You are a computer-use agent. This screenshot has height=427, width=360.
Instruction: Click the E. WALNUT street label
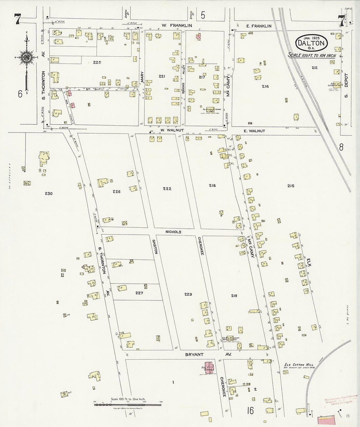click(x=254, y=131)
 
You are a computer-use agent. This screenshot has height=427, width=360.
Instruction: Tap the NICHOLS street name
click(x=173, y=232)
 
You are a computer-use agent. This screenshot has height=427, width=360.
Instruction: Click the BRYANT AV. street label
click(x=204, y=354)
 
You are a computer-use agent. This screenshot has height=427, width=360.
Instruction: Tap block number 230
click(x=48, y=193)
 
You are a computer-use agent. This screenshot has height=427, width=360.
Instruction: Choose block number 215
click(x=291, y=186)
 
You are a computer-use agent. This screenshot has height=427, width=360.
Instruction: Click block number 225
click(x=97, y=62)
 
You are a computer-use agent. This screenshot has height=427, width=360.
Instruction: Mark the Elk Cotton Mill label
click(x=298, y=365)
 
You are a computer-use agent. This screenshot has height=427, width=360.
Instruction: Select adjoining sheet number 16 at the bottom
click(x=250, y=410)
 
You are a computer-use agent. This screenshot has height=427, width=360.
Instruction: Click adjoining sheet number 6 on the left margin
click(x=20, y=94)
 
